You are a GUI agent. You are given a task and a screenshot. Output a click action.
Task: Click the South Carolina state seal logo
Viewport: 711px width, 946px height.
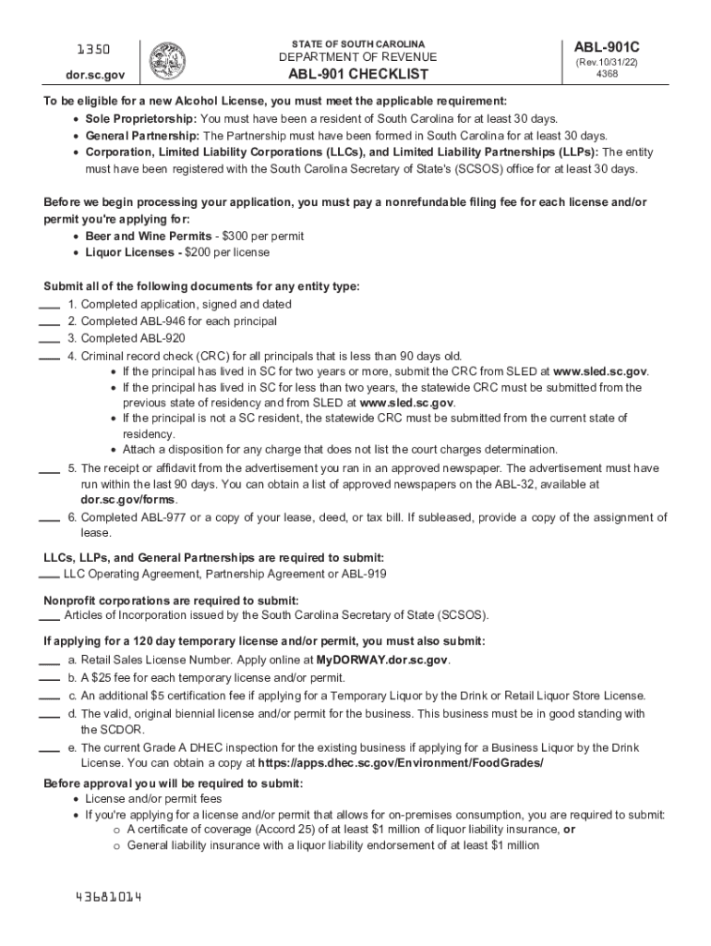point(167,59)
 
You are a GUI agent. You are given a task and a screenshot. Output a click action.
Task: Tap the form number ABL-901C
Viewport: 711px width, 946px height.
point(609,46)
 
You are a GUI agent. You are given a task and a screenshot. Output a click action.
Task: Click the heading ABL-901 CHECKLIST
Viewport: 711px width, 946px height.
point(358,75)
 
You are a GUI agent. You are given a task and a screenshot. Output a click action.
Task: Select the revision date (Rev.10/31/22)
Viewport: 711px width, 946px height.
point(607,62)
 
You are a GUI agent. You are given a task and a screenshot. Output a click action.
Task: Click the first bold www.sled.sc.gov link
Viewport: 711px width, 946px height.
point(600,371)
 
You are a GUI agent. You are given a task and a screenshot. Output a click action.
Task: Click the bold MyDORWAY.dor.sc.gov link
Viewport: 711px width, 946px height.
point(382,661)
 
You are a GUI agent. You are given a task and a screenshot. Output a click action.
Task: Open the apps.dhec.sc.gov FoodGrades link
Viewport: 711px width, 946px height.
point(401,764)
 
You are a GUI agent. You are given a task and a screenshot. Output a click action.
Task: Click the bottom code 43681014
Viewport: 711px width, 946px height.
point(109,898)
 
